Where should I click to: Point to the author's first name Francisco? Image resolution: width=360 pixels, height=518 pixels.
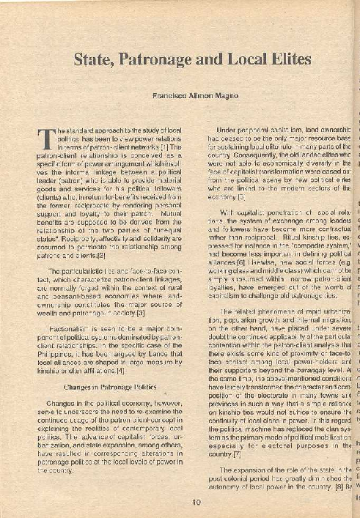(171, 96)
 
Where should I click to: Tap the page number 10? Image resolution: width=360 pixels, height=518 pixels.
(195, 502)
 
